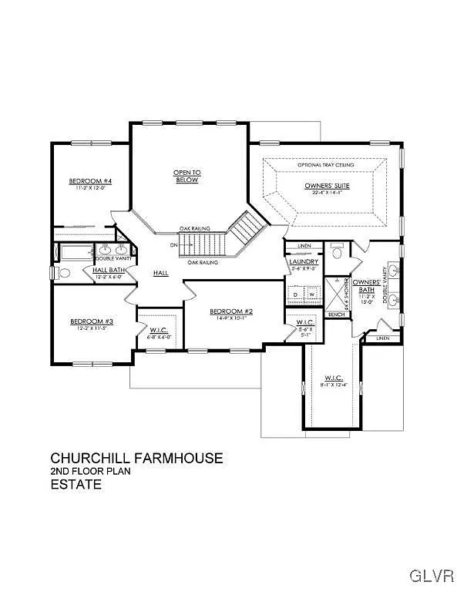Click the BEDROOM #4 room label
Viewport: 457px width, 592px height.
(x=91, y=181)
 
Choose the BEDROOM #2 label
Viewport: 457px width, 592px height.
(x=231, y=311)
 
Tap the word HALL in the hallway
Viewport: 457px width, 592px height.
(x=160, y=273)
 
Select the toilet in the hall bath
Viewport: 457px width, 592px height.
(x=65, y=272)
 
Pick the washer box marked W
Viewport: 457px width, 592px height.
(x=311, y=294)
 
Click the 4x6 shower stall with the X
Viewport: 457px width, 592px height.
(x=336, y=293)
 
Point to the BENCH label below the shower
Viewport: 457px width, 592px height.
(x=336, y=314)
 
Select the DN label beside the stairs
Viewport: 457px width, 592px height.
(x=173, y=245)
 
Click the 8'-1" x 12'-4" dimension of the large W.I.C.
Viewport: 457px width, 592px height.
(x=334, y=385)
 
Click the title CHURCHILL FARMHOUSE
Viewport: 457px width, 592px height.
(x=136, y=458)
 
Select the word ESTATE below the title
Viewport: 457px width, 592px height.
(x=76, y=485)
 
